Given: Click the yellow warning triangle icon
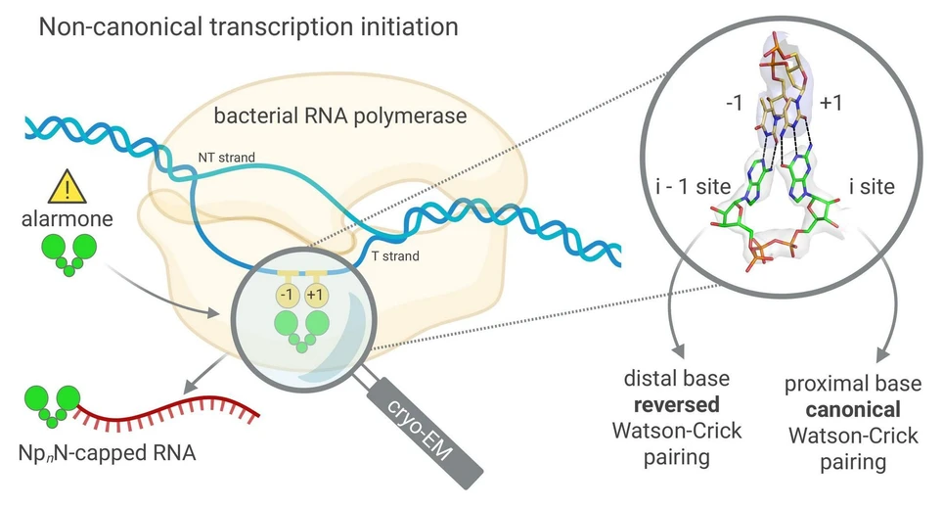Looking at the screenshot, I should (x=66, y=187).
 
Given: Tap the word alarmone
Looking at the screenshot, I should (x=67, y=221).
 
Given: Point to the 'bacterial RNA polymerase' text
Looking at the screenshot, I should (x=339, y=116).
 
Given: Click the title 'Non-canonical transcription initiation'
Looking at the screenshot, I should (x=248, y=26).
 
